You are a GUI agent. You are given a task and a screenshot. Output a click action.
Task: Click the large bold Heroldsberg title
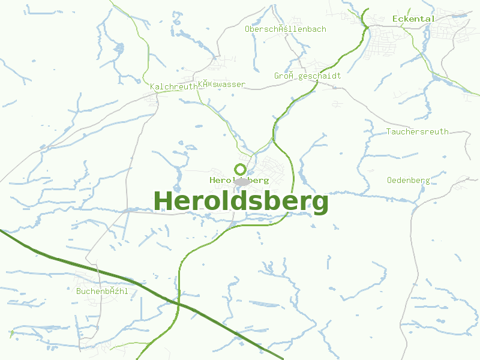241,202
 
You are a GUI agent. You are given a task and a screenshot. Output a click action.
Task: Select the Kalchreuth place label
173,87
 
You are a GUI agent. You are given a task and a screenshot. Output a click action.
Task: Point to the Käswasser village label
221,85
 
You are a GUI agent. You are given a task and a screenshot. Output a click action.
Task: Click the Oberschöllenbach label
286,29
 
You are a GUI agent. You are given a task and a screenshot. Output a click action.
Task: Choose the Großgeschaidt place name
307,76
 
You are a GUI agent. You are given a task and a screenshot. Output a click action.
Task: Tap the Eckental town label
413,19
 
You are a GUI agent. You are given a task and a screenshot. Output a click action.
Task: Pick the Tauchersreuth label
418,131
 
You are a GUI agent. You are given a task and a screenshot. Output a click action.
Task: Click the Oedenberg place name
408,180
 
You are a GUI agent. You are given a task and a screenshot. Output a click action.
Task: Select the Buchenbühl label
102,291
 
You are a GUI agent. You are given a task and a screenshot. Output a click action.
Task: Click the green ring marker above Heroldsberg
241,169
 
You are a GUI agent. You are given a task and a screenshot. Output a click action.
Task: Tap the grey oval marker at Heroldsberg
242,181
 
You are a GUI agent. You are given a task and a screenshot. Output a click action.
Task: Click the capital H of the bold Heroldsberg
163,201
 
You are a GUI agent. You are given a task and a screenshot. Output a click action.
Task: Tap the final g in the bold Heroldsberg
320,204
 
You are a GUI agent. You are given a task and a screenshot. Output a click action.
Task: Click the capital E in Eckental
395,19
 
